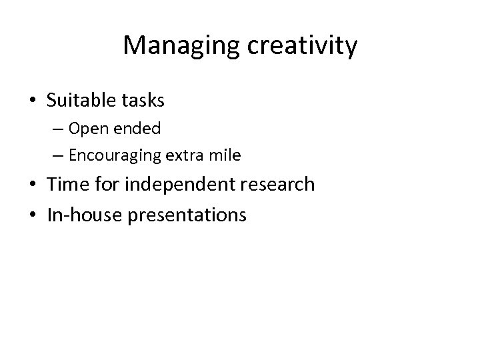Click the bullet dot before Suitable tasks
(x=33, y=101)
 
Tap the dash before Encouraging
(x=60, y=156)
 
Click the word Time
(x=67, y=185)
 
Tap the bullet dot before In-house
(x=33, y=215)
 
